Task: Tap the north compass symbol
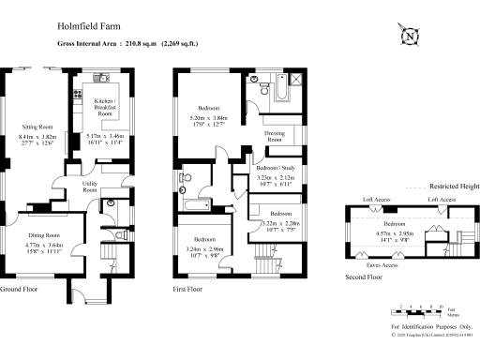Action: [x=410, y=37]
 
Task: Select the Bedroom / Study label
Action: [x=275, y=167]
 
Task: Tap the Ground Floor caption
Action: [x=23, y=289]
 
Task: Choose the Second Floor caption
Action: [x=367, y=277]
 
